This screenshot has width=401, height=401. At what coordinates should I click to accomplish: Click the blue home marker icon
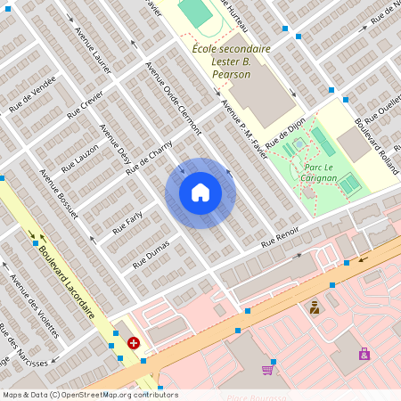[200, 192]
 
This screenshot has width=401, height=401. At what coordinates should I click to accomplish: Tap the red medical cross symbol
[134, 342]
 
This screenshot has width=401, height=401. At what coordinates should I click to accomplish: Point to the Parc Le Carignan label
[320, 172]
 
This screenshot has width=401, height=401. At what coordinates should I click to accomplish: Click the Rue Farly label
[127, 223]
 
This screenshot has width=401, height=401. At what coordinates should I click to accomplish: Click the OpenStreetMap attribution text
[89, 395]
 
